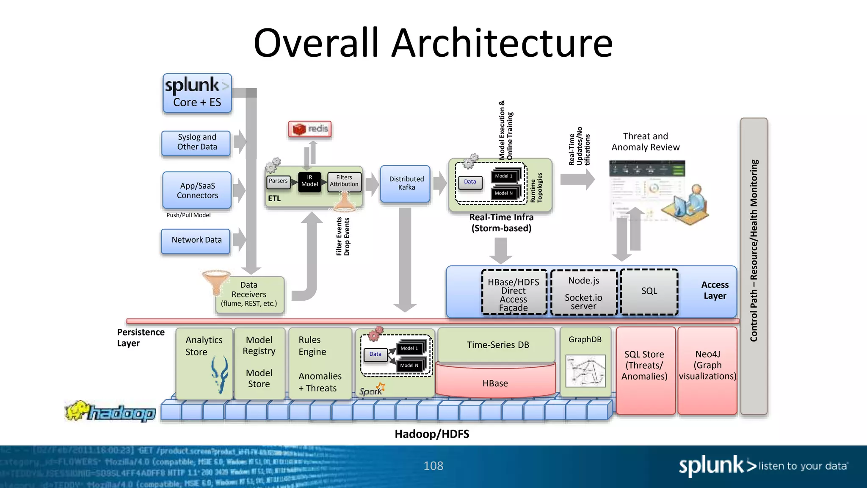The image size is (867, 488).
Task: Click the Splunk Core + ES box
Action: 197,93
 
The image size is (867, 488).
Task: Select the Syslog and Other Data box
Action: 196,143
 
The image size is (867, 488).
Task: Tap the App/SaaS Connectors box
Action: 197,190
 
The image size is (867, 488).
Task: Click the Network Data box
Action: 196,241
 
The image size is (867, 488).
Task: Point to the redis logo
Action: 310,129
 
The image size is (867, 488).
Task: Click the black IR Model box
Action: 309,181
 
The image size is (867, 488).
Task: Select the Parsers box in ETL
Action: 278,181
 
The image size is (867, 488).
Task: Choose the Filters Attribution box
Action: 344,181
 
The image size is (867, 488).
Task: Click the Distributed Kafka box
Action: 406,183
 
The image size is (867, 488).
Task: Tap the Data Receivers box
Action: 249,295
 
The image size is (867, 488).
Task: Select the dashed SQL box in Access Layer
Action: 649,291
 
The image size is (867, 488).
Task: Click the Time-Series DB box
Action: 497,345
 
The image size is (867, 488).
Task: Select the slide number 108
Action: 433,466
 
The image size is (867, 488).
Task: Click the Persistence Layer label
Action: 140,338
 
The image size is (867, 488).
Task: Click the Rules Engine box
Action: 320,363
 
